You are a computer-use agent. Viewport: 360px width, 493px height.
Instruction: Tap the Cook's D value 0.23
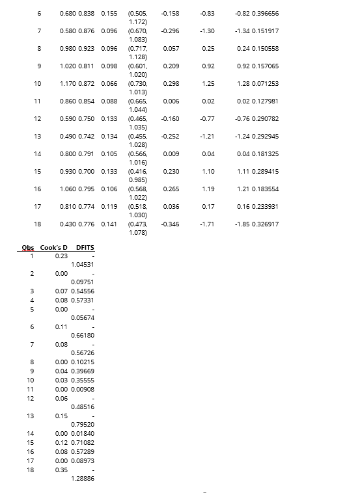62,256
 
